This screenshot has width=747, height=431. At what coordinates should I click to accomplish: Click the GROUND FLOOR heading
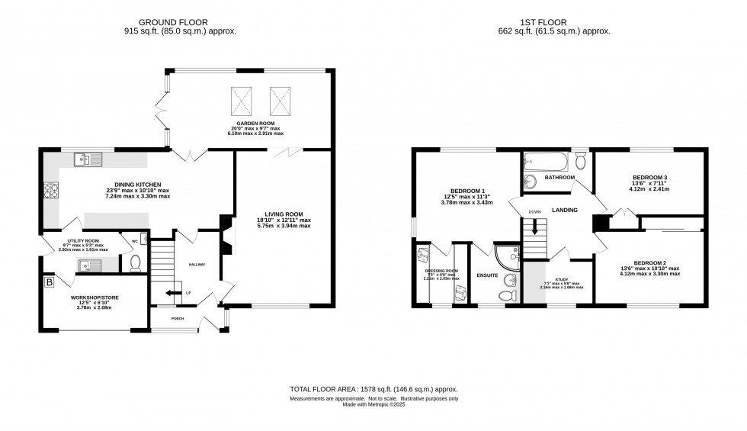pos(180,22)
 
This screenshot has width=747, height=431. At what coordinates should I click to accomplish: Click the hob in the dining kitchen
pos(53,189)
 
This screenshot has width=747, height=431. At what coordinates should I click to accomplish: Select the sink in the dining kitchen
pos(87,159)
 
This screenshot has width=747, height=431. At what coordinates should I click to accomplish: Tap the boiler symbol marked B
pos(50,282)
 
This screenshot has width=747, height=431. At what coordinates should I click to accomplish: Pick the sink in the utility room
pos(88,264)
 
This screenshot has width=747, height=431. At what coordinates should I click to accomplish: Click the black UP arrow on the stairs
pos(175,292)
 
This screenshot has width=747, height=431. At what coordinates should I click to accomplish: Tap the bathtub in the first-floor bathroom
pos(547,162)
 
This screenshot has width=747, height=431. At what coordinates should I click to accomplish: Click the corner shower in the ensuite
pos(504,255)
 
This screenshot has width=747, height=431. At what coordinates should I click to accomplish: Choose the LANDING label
pos(565,210)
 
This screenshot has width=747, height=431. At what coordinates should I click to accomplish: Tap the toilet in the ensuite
pos(505,296)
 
